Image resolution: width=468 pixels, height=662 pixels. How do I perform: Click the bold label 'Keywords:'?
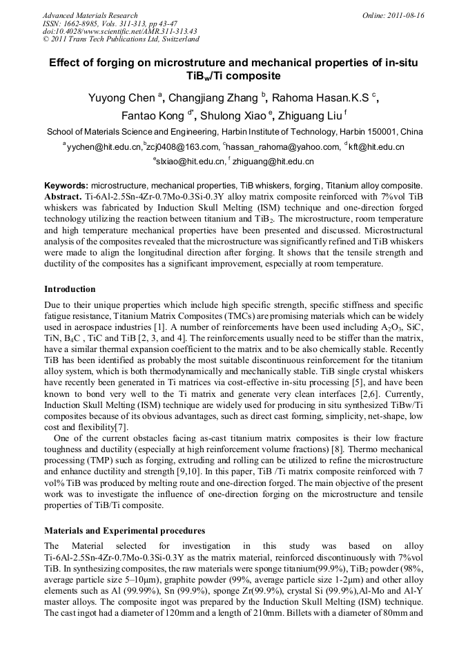coord(66,186)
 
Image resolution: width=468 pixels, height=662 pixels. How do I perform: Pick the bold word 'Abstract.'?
coord(64,196)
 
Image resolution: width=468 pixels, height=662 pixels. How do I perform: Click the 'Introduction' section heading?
coord(70,289)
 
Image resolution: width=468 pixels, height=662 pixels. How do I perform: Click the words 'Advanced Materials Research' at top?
coord(90,15)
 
